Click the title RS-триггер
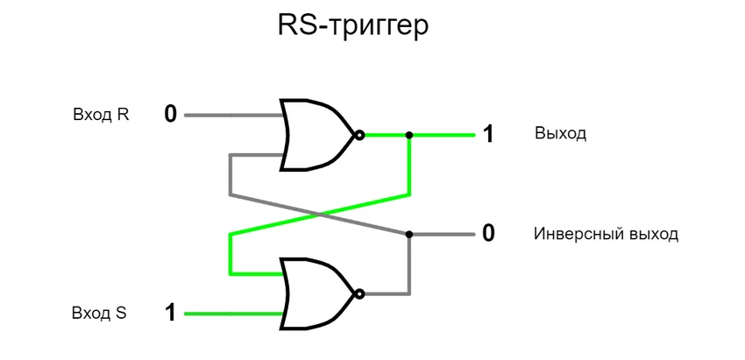click(x=353, y=26)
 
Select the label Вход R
click(x=101, y=116)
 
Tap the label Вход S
click(x=101, y=313)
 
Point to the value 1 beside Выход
click(x=488, y=135)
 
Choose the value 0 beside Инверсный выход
click(x=488, y=234)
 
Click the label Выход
click(x=560, y=135)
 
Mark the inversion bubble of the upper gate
click(x=358, y=135)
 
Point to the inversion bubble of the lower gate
click(x=358, y=293)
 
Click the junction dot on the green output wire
click(x=409, y=135)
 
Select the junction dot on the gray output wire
click(x=409, y=235)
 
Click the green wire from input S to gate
click(x=232, y=313)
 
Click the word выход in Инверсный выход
click(x=649, y=235)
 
